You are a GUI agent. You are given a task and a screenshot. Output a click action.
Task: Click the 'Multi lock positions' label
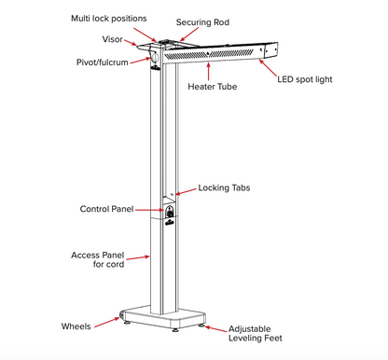pyautogui.click(x=108, y=18)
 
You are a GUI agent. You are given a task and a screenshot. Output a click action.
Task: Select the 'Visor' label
pyautogui.click(x=111, y=40)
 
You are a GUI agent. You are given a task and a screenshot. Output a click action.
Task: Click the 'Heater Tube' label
pyautogui.click(x=214, y=87)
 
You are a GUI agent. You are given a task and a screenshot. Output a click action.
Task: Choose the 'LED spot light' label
pyautogui.click(x=306, y=80)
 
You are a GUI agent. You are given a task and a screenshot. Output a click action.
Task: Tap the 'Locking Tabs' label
pyautogui.click(x=224, y=187)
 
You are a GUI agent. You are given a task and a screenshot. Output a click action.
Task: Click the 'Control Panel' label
pyautogui.click(x=108, y=209)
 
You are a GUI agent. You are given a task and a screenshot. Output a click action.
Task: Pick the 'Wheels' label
pyautogui.click(x=76, y=327)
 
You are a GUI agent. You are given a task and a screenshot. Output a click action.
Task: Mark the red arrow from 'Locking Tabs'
pyautogui.click(x=185, y=190)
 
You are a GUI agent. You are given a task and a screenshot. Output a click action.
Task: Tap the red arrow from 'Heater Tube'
pyautogui.click(x=199, y=73)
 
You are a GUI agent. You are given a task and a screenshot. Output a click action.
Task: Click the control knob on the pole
pyautogui.click(x=170, y=216)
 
